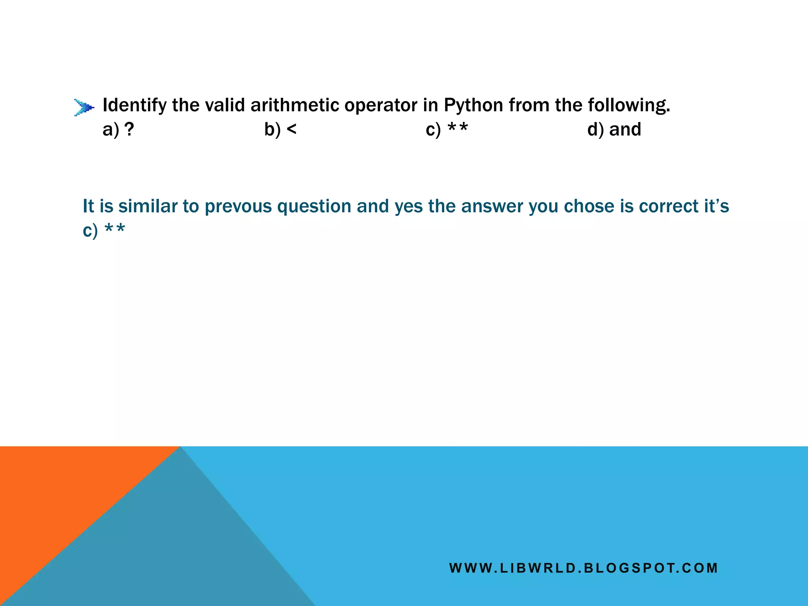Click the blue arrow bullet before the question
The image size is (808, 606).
click(x=84, y=107)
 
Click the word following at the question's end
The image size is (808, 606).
click(x=629, y=105)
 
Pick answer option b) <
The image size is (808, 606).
click(x=280, y=129)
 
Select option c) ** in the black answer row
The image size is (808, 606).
click(x=447, y=129)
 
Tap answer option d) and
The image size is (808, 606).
click(x=614, y=129)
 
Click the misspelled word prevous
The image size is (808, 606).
click(x=238, y=206)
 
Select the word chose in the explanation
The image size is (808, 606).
click(x=589, y=206)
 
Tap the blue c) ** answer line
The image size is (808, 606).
click(x=104, y=230)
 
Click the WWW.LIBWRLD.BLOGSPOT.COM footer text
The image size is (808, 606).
click(x=584, y=568)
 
